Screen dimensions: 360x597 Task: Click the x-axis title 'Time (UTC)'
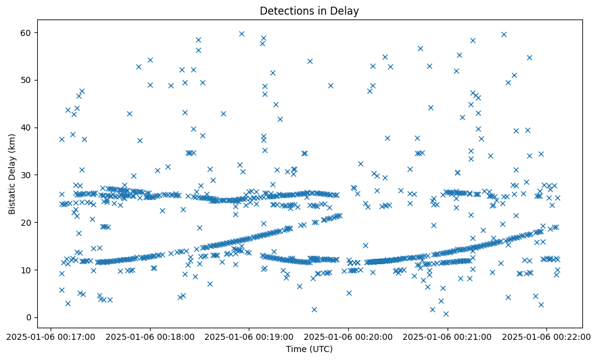click(309, 349)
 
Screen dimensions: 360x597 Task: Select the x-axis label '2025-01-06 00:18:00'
click(149, 336)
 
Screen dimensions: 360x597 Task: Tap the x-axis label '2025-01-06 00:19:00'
click(249, 336)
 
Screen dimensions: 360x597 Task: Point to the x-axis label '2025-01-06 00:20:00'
click(348, 336)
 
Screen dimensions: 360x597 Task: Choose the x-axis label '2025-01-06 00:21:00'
click(448, 336)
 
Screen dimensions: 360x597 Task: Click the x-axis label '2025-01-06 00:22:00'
click(546, 336)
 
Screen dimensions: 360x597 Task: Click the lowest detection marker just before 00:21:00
click(446, 314)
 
